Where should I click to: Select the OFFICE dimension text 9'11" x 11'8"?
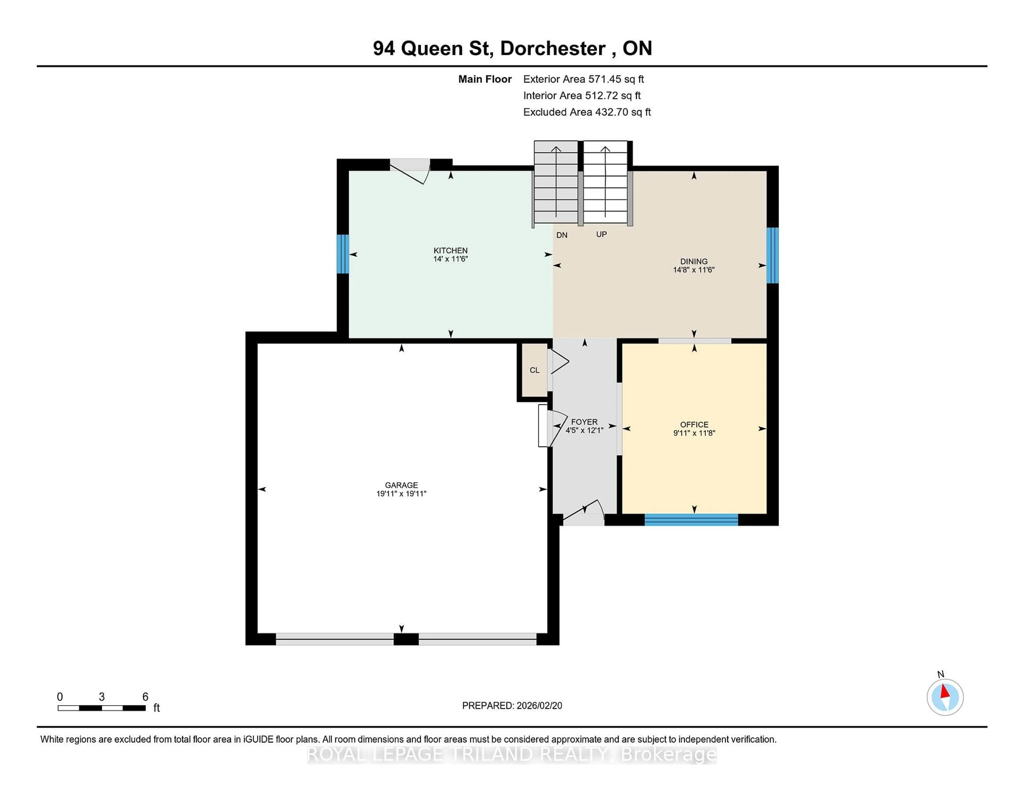(x=694, y=433)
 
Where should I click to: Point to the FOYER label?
(x=584, y=422)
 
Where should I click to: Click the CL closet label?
(x=534, y=370)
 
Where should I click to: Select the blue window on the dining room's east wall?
(x=772, y=255)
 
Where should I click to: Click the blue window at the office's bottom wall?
(x=691, y=520)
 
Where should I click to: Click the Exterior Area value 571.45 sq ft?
(x=616, y=79)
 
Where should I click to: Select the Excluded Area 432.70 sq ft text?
(x=587, y=112)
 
